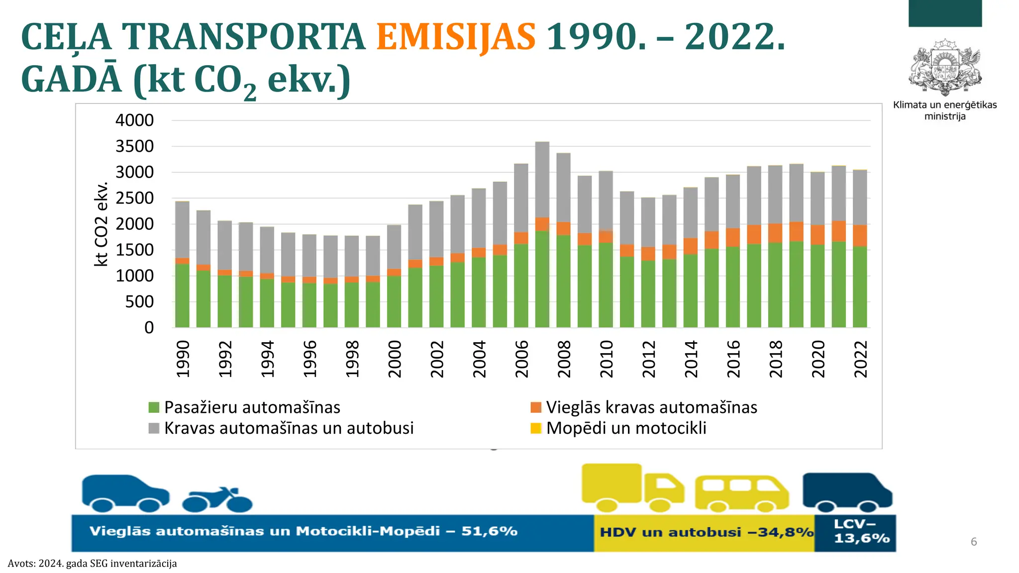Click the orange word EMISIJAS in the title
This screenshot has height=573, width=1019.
click(456, 37)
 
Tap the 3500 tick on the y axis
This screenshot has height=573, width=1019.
click(134, 147)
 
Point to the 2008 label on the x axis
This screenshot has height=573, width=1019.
click(564, 359)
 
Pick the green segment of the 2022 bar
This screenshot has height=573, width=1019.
click(860, 287)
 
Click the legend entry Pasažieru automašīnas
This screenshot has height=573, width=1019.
click(252, 407)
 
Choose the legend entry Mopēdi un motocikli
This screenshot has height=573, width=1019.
click(626, 428)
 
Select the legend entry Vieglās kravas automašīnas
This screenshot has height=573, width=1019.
click(651, 407)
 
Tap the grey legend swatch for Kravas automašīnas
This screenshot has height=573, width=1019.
click(154, 428)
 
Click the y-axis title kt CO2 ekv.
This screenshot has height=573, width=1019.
click(101, 224)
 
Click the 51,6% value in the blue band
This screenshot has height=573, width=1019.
click(489, 531)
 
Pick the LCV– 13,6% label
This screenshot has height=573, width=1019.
click(861, 531)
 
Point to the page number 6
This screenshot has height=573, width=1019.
click(974, 542)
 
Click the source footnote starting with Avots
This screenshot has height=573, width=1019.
click(92, 564)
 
